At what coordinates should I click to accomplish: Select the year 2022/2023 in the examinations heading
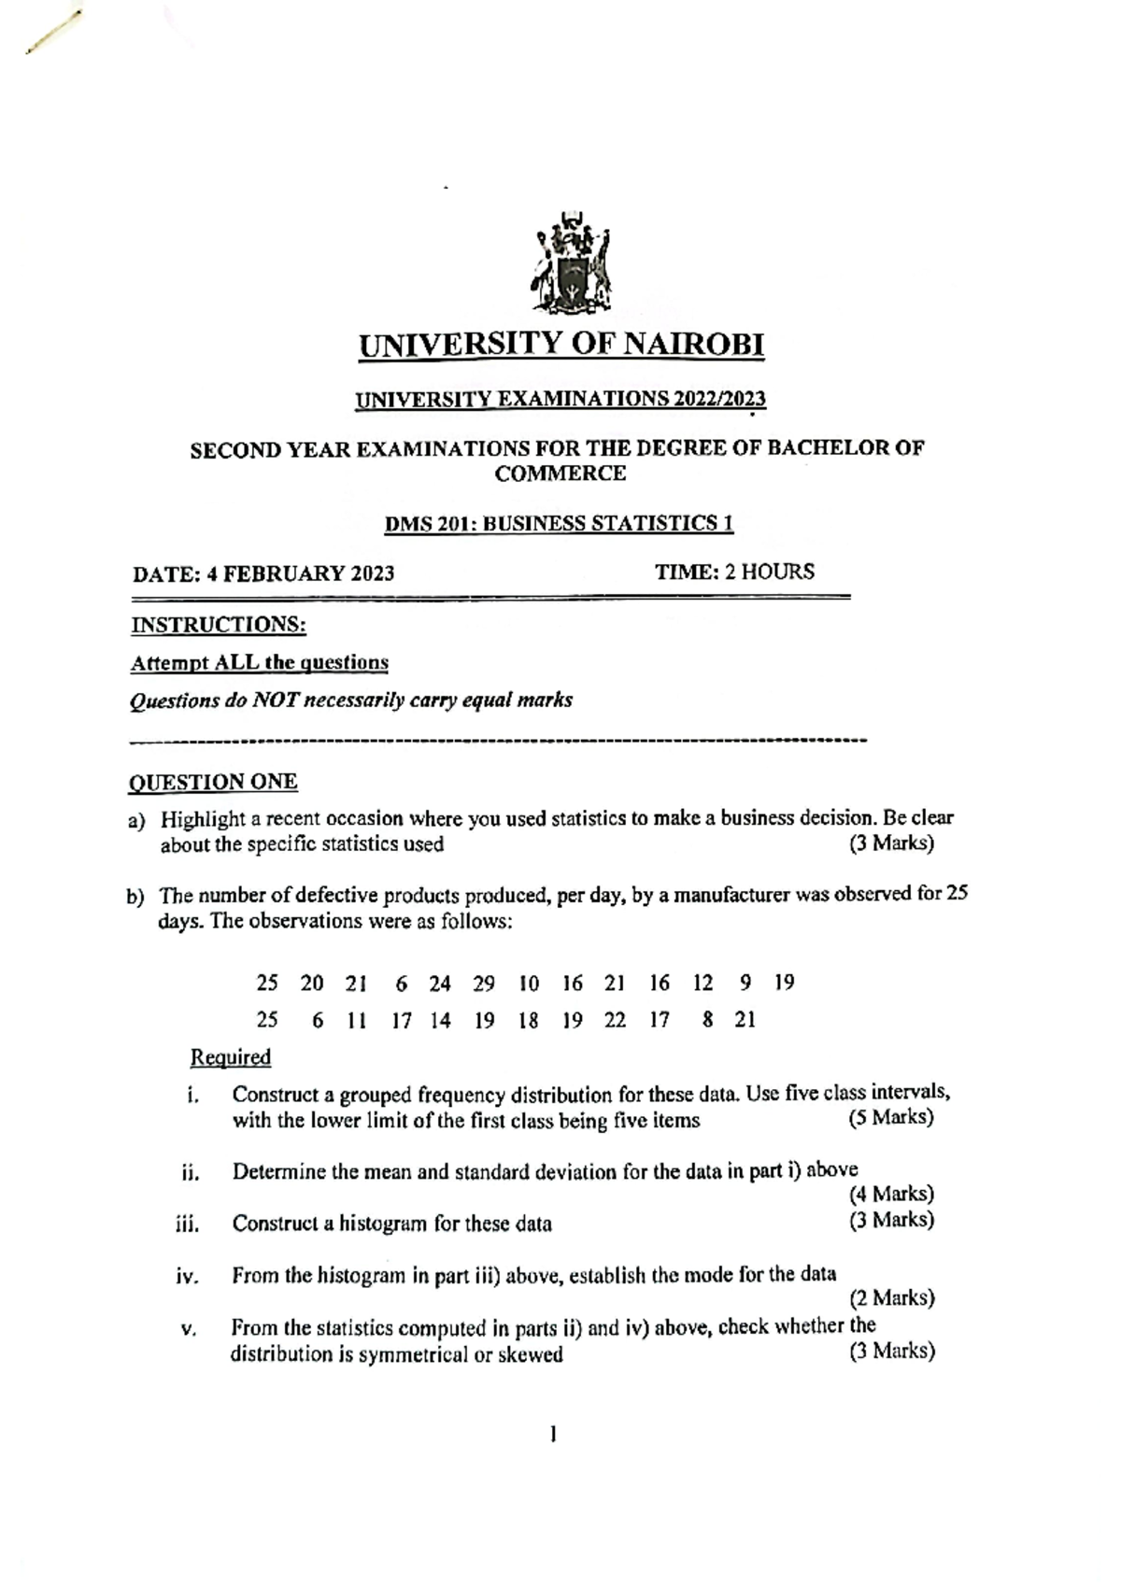coord(717,399)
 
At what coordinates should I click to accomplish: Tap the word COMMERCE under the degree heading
coord(560,474)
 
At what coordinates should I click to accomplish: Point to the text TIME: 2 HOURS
coord(734,572)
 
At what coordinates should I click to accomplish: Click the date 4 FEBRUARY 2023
coord(301,574)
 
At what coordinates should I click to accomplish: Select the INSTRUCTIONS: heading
coord(219,624)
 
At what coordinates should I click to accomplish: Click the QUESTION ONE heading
coord(213,782)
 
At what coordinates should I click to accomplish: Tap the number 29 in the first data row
coord(483,983)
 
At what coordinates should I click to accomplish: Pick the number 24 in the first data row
coord(440,983)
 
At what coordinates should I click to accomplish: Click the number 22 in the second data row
coord(615,1020)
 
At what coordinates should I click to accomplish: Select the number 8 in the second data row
coord(707,1020)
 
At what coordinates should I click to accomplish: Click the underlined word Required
coord(231,1057)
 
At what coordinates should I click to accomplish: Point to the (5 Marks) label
coord(891,1118)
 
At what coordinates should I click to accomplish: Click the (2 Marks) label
coord(892,1297)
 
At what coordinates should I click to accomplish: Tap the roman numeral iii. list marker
coord(188,1224)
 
